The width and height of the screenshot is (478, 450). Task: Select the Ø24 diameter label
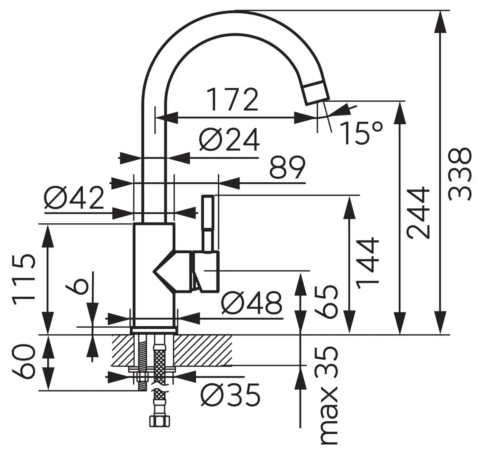(x=229, y=140)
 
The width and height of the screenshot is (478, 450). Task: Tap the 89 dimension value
(x=287, y=167)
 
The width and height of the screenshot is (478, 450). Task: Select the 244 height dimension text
(x=418, y=213)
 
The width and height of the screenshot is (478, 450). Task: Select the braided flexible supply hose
(x=158, y=362)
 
